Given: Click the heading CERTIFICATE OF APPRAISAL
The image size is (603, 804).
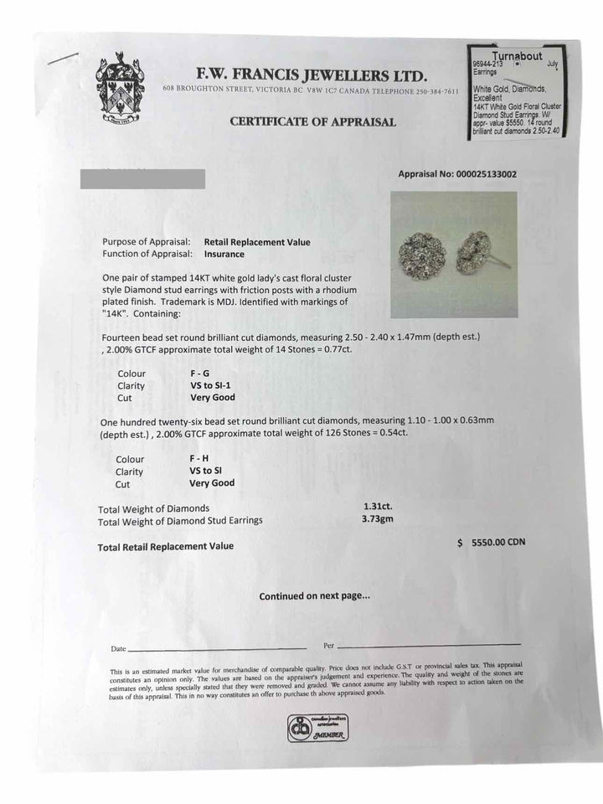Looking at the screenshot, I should pyautogui.click(x=312, y=121).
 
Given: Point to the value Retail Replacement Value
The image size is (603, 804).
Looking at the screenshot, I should pyautogui.click(x=256, y=242).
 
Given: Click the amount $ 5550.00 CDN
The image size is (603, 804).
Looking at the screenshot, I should pyautogui.click(x=492, y=543).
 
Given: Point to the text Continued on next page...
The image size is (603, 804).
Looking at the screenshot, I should pyautogui.click(x=314, y=596).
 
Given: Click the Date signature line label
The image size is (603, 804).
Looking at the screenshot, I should pyautogui.click(x=118, y=649).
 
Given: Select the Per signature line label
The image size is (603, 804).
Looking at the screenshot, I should pyautogui.click(x=328, y=646).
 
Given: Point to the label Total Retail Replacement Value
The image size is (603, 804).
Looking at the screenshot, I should pyautogui.click(x=166, y=546).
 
